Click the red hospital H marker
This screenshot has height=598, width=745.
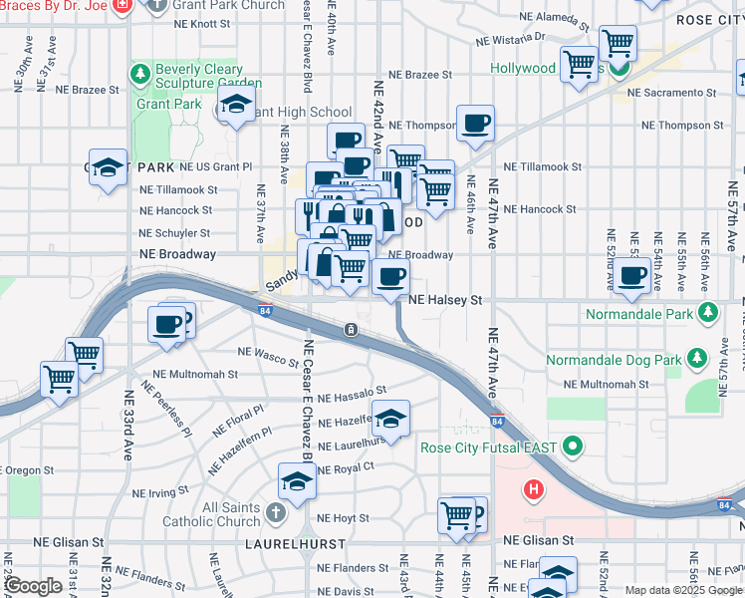pyautogui.click(x=534, y=489)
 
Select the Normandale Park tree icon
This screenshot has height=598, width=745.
pyautogui.click(x=707, y=313)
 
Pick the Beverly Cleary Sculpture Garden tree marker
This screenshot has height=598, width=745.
pyautogui.click(x=140, y=75)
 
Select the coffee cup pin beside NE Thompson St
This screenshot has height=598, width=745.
pyautogui.click(x=475, y=124)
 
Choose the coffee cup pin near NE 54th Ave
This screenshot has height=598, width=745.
pyautogui.click(x=630, y=274)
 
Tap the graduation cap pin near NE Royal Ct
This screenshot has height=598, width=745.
pyautogui.click(x=296, y=482)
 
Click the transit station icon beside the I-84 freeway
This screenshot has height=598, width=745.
pyautogui.click(x=351, y=330)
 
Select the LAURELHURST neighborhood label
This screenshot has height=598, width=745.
pyautogui.click(x=297, y=545)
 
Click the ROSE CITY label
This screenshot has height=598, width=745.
pyautogui.click(x=709, y=20)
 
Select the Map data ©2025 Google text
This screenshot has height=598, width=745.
pyautogui.click(x=682, y=590)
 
